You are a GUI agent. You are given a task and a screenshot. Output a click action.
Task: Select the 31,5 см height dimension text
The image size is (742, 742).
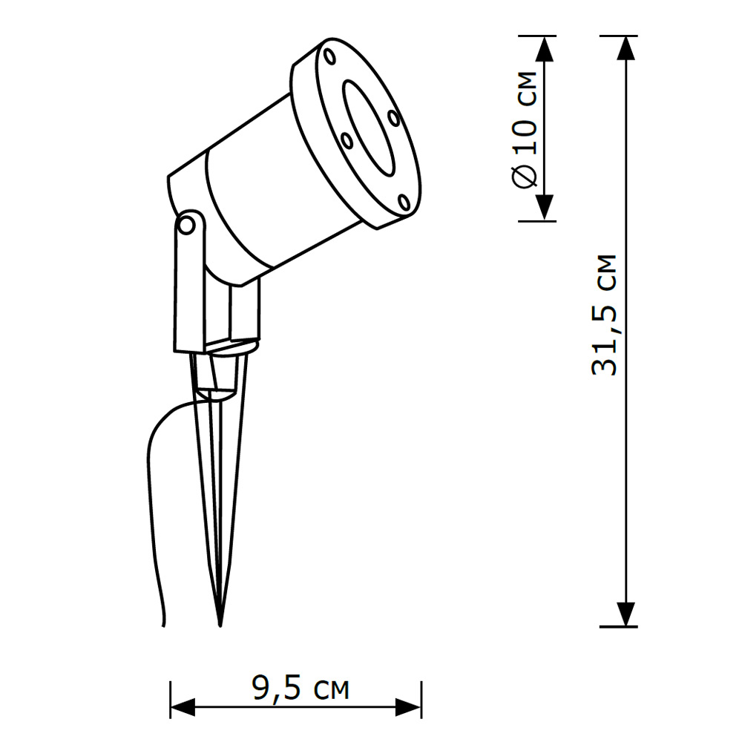click(605, 315)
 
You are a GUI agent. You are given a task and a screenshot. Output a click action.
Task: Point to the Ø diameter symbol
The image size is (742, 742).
click(525, 177)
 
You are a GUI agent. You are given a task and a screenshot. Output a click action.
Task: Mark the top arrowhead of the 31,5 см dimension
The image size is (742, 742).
click(627, 49)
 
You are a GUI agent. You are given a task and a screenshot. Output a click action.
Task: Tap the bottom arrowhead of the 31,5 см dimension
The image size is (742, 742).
click(627, 614)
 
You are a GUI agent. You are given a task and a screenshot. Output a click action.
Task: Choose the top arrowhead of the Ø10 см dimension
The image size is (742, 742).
click(545, 49)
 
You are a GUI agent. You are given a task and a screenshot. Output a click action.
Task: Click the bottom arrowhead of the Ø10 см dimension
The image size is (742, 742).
click(545, 207)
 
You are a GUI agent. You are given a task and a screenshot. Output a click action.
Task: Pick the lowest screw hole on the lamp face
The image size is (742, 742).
click(403, 201)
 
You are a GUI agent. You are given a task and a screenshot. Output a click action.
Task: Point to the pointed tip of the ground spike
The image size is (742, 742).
click(220, 623)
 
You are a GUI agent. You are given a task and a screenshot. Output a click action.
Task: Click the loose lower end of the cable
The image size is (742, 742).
click(164, 623)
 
